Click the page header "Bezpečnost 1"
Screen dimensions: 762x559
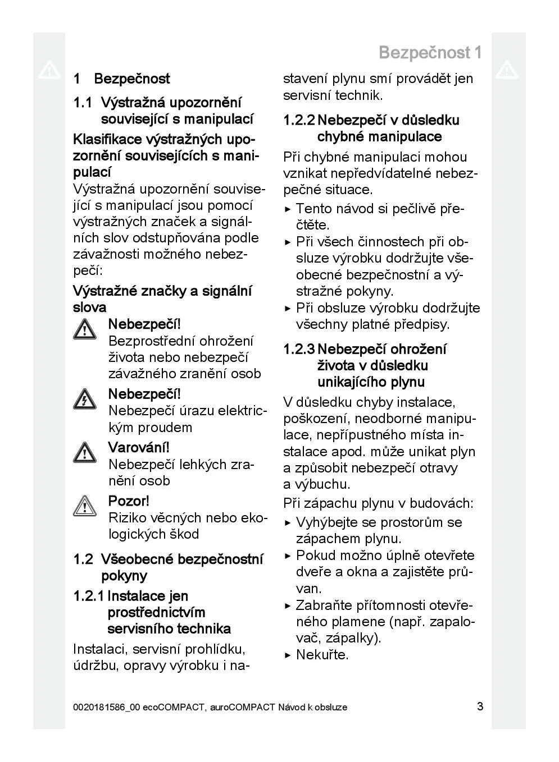[430, 53]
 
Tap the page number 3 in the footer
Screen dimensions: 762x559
[480, 706]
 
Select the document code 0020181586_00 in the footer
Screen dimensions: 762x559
[106, 707]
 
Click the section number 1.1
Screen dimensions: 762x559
[83, 103]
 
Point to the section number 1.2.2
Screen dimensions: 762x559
[299, 121]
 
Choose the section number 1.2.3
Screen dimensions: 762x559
[299, 350]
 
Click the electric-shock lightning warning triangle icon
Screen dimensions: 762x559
[84, 399]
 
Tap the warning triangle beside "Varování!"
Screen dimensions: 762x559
[84, 452]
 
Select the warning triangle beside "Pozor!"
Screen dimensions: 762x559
[84, 506]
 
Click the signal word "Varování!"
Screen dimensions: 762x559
[139, 448]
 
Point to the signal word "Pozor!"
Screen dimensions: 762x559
[129, 501]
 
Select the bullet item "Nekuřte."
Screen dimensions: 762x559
[322, 655]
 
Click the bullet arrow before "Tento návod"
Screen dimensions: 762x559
[288, 210]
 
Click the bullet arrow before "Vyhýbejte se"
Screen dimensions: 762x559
[288, 523]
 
